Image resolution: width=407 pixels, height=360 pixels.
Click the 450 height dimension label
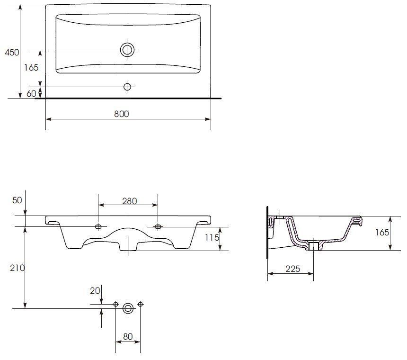12,52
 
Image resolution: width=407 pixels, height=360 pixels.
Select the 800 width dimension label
122,114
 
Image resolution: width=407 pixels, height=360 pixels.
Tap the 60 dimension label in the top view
31,93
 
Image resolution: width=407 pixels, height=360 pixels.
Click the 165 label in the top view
31,68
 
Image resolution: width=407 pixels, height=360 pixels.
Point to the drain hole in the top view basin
127,50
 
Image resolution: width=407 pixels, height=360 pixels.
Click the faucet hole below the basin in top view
127,87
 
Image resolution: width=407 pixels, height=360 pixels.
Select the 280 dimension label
130,201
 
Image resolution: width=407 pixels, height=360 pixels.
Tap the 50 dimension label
17,200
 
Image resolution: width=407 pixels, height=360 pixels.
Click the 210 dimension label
18,268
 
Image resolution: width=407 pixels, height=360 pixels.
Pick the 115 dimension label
212,237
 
